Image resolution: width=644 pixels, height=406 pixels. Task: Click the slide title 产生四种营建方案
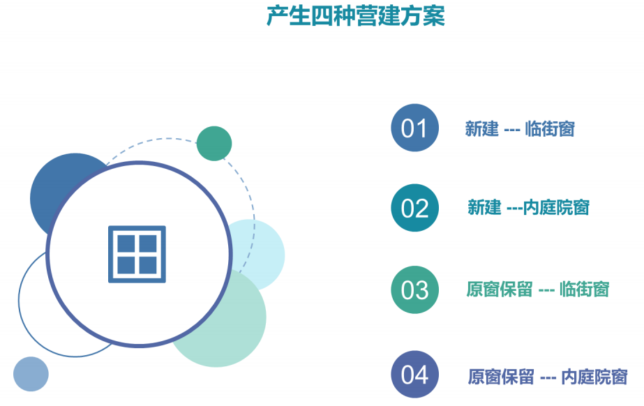(x=356, y=17)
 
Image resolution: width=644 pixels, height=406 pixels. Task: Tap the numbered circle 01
(x=415, y=128)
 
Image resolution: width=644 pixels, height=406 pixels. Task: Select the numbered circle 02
(x=415, y=208)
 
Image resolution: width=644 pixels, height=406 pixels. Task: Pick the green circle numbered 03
(x=415, y=290)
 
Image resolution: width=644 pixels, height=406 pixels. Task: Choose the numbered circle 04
(x=415, y=375)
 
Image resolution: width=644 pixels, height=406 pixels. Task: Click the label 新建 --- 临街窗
(x=520, y=129)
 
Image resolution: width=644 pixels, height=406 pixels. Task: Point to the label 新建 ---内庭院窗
(x=529, y=207)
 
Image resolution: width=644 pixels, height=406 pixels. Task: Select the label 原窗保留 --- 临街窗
(x=538, y=290)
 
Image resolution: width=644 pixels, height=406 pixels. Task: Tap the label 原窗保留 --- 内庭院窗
(x=548, y=377)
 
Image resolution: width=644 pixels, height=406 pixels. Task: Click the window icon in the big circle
(x=137, y=254)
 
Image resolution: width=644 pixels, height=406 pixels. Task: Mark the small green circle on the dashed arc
(x=214, y=144)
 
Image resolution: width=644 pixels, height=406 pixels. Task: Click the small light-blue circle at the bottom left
(x=31, y=374)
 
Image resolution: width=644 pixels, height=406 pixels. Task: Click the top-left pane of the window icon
(x=126, y=243)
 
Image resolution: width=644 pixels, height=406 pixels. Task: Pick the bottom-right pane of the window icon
(x=149, y=265)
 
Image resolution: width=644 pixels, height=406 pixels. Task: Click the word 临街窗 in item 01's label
(x=550, y=129)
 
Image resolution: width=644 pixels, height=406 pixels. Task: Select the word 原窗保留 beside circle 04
(x=501, y=377)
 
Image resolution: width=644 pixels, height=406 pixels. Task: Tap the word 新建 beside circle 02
(x=484, y=207)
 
